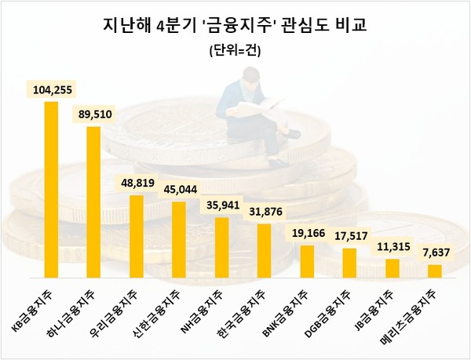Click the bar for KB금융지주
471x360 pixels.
(x=50, y=190)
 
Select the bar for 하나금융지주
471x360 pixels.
(x=93, y=202)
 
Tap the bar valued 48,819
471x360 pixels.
(x=136, y=237)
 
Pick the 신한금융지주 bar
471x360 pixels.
(x=178, y=240)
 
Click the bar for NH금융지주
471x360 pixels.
(x=221, y=248)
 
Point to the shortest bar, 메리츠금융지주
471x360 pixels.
(x=434, y=271)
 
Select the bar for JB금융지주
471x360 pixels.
(x=392, y=268)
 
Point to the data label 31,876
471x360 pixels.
(x=264, y=213)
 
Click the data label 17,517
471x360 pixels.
(x=350, y=236)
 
